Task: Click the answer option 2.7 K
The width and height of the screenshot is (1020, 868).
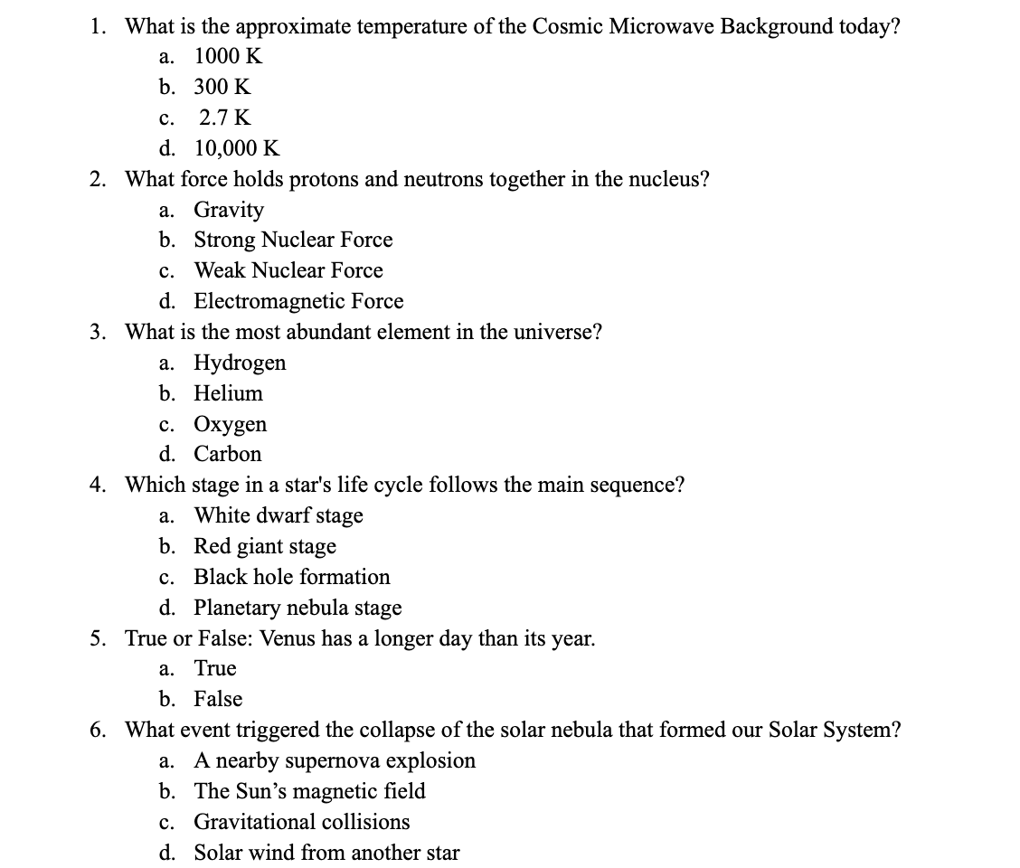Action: coord(225,118)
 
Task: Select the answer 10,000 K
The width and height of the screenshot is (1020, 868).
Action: coord(237,148)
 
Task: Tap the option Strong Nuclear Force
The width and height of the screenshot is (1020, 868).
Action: coord(293,240)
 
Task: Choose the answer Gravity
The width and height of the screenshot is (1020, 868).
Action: coord(229,210)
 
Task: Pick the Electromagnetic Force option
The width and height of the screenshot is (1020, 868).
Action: coord(298,301)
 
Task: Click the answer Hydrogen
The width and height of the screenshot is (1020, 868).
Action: coord(240,363)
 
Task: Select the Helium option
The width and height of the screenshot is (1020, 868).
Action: coord(228,393)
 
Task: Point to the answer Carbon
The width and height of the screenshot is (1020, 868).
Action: coord(227,454)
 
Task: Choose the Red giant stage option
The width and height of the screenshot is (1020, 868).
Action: coord(265,546)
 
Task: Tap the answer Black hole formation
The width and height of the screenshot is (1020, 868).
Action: coord(291,577)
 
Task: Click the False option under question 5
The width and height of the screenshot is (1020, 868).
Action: coord(218,699)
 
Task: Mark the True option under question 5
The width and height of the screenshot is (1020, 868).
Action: coord(215,668)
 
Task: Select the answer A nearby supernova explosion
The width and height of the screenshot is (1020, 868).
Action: coord(335,760)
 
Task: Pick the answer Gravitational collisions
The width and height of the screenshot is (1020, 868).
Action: coord(301,822)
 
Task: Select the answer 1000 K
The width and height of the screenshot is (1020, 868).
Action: coord(228,56)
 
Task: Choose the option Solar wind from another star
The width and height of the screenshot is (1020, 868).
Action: coord(326,853)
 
